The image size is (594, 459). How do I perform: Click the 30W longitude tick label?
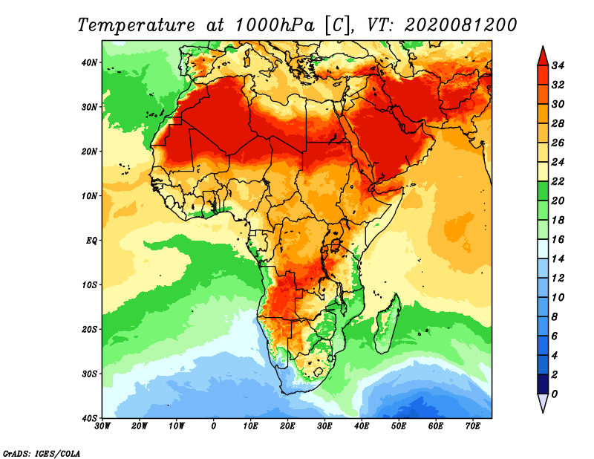pos(102,426)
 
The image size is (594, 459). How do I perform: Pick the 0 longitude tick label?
pos(214,426)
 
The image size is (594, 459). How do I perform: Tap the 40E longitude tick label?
pos(362,426)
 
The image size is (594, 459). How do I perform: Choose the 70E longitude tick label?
pos(473,426)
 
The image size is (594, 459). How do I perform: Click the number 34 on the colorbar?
pos(558,65)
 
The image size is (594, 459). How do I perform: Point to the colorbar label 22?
pos(558,181)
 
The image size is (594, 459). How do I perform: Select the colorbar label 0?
pos(555,394)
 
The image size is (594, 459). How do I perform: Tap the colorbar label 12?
pos(558,278)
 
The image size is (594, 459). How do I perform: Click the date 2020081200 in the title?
pos(461,25)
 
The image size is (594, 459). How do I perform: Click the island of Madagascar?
pos(387,323)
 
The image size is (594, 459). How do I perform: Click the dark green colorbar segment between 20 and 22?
pos(542,191)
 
